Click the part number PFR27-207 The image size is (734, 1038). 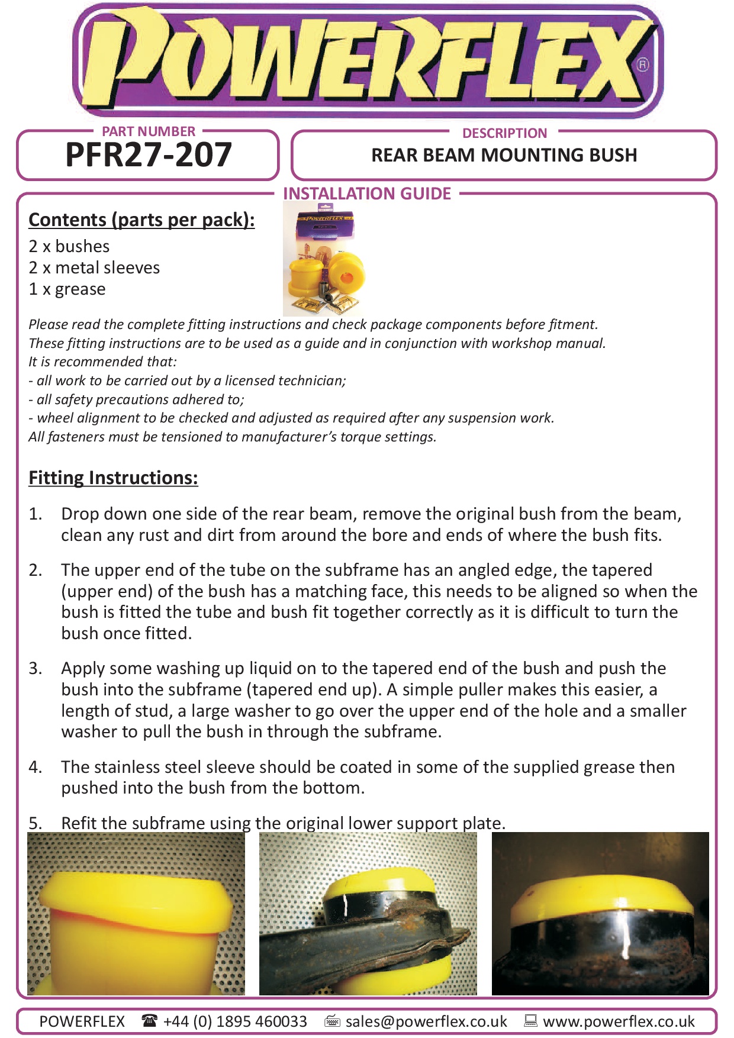click(148, 155)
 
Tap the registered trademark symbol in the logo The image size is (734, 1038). click(643, 65)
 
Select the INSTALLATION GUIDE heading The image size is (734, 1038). click(367, 194)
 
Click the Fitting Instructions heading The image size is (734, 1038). click(113, 478)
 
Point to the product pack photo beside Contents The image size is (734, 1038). click(324, 259)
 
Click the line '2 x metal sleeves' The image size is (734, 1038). click(94, 267)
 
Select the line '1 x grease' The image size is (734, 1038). click(67, 289)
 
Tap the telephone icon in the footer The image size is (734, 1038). click(149, 1020)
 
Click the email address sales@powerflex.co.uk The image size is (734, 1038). click(426, 1021)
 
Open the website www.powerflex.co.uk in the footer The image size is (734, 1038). click(619, 1021)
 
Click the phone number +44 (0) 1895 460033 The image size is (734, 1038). click(235, 1021)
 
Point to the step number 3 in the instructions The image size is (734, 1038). click(35, 668)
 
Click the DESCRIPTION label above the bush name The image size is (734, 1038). click(504, 133)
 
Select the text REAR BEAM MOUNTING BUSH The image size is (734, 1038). click(504, 155)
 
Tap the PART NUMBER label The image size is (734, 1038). click(149, 131)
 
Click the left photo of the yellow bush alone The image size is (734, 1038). click(136, 914)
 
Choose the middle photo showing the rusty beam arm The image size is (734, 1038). click(368, 914)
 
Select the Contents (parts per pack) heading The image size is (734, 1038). click(141, 220)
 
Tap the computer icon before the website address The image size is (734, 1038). click(530, 1020)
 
